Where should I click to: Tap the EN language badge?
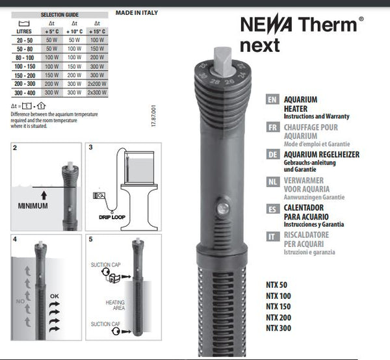274,101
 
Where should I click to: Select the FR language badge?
274,128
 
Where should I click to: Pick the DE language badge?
274,155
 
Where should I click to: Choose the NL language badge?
274,182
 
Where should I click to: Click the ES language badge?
274,209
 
